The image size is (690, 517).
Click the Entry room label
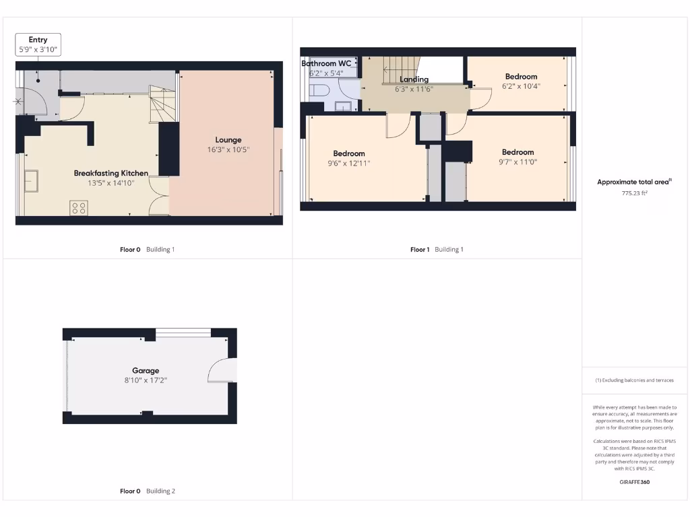click(x=38, y=40)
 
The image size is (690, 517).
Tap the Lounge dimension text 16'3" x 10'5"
click(x=228, y=150)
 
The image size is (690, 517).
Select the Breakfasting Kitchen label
click(x=111, y=173)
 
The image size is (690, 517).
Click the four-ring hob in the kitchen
click(x=78, y=208)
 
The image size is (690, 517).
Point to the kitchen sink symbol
click(x=31, y=181)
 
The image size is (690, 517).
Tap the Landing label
click(x=414, y=79)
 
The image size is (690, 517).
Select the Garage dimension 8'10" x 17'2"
click(x=146, y=380)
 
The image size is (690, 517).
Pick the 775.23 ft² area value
click(x=633, y=193)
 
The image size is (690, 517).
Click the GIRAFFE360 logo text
click(x=633, y=482)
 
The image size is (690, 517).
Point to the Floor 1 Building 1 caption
click(x=437, y=250)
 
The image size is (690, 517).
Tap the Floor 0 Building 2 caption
click(x=147, y=491)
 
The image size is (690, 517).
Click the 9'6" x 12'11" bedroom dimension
click(x=348, y=163)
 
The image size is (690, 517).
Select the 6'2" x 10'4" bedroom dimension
click(x=521, y=86)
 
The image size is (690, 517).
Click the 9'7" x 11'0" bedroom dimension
click(x=517, y=162)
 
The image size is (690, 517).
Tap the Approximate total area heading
click(x=633, y=182)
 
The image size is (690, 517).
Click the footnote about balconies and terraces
click(x=633, y=380)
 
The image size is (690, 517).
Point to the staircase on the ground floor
click(x=162, y=104)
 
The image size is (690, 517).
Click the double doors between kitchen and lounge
click(x=158, y=196)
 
